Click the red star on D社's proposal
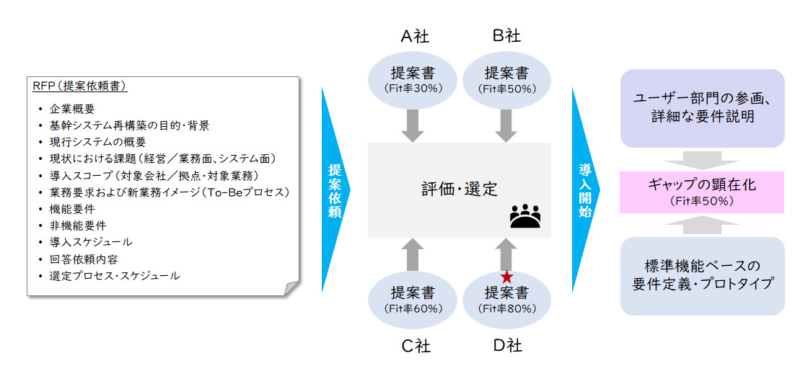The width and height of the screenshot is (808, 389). click(x=506, y=276)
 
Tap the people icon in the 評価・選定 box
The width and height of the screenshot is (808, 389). click(x=525, y=216)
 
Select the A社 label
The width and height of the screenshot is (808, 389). click(x=415, y=36)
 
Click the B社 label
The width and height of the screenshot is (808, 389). click(x=506, y=36)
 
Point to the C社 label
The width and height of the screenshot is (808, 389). click(x=416, y=346)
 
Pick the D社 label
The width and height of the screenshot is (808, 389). click(x=507, y=346)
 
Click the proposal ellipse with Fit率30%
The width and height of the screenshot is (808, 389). click(x=413, y=79)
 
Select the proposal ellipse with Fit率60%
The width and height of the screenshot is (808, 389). click(x=413, y=299)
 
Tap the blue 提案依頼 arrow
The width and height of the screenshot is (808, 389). click(x=335, y=190)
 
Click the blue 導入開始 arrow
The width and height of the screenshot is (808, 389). click(x=585, y=190)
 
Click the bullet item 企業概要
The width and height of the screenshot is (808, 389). click(x=72, y=109)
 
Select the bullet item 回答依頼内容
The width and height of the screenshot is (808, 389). click(x=84, y=259)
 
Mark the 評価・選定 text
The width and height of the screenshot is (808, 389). click(x=460, y=189)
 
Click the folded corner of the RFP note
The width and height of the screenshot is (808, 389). click(x=291, y=288)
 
